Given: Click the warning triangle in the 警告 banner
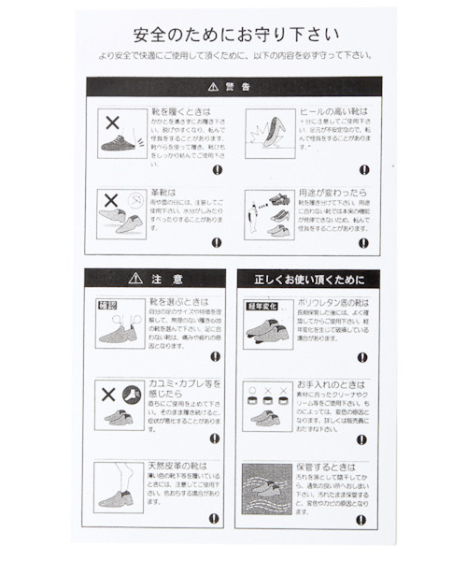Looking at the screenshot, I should coord(213,86).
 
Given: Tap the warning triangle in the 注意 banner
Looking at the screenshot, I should coord(134,279).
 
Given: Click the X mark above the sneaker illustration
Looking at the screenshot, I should coord(111,122).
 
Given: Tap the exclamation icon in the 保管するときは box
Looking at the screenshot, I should coord(361,518).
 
